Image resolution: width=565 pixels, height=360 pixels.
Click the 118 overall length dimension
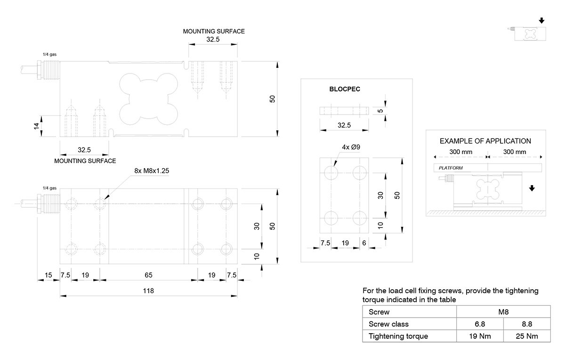pyautogui.click(x=148, y=291)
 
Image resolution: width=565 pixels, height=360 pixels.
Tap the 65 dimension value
pyautogui.click(x=148, y=274)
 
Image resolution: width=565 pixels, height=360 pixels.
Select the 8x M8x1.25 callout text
pyautogui.click(x=152, y=171)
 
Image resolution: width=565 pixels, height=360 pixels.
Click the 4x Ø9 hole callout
pyautogui.click(x=351, y=147)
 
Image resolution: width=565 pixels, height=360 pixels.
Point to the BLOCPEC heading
pyautogui.click(x=345, y=89)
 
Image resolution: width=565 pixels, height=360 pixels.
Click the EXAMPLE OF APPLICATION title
pyautogui.click(x=485, y=141)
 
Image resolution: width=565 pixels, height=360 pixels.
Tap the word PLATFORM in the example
pyautogui.click(x=451, y=168)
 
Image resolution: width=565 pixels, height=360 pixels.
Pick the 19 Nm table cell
pyautogui.click(x=480, y=336)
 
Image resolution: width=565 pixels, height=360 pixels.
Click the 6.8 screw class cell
pyautogui.click(x=480, y=324)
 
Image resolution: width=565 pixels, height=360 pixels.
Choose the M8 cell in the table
pyautogui.click(x=503, y=311)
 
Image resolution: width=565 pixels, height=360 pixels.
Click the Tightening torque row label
pyautogui.click(x=398, y=336)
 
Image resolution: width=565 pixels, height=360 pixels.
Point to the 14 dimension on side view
pyautogui.click(x=36, y=126)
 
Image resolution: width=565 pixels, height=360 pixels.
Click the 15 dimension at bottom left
pyautogui.click(x=49, y=274)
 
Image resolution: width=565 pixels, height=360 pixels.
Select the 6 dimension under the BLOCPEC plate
pyautogui.click(x=364, y=243)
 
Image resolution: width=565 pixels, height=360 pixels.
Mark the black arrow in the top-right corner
pyautogui.click(x=541, y=20)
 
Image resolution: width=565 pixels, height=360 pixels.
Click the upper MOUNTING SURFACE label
pyautogui.click(x=214, y=32)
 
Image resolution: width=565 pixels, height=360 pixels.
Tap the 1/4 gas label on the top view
pyautogui.click(x=49, y=188)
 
